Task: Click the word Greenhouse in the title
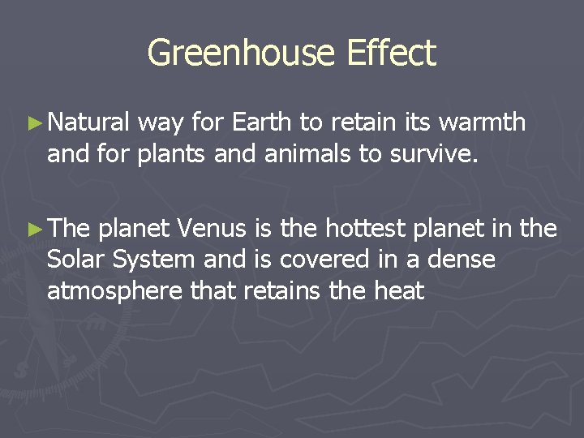(x=242, y=54)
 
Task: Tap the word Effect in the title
(x=391, y=54)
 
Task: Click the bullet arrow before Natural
(x=33, y=123)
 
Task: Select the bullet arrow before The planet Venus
(x=33, y=231)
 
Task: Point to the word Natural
(x=88, y=122)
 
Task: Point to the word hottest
(x=365, y=230)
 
